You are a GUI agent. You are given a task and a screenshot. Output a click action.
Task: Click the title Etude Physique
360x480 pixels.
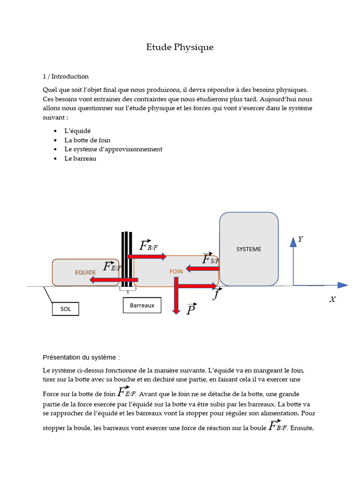tap(180, 47)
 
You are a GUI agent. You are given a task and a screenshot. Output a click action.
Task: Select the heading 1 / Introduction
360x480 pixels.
tap(66, 76)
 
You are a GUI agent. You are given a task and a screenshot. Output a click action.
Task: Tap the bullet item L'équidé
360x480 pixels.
tap(77, 131)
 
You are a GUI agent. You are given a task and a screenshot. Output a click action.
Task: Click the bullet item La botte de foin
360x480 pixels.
tap(88, 140)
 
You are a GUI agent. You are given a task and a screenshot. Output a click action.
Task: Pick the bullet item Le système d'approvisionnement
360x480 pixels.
tap(113, 149)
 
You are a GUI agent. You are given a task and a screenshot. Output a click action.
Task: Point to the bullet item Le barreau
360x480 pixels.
tap(80, 158)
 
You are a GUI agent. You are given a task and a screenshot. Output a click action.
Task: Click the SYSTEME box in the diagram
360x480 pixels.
tap(248, 249)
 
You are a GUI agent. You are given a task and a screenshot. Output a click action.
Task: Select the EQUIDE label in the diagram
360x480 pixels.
tap(85, 272)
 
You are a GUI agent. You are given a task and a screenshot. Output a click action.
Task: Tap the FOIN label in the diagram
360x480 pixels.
tap(176, 271)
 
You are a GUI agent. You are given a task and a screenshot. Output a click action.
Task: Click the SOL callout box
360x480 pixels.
tap(66, 309)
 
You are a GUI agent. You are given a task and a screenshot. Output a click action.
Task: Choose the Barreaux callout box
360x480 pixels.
tap(142, 305)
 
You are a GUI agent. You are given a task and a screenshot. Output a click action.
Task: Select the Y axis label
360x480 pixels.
tap(300, 240)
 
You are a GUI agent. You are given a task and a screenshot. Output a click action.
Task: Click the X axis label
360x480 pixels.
tap(332, 300)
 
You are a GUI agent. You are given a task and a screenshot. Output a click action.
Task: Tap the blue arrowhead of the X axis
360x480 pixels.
tap(343, 285)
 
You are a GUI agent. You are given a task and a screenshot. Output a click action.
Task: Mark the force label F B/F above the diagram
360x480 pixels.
tap(149, 246)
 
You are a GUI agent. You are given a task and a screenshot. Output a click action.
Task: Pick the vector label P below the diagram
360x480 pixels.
tap(191, 309)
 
